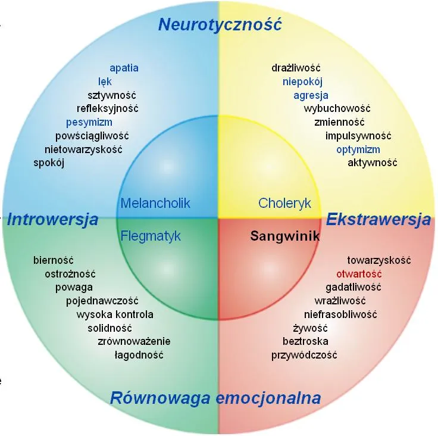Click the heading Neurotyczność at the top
click(220, 25)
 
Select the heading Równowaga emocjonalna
click(215, 398)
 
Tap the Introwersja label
click(53, 219)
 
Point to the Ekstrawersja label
click(378, 219)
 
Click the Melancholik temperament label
click(155, 203)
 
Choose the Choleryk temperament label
click(284, 203)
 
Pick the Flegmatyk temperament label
click(151, 236)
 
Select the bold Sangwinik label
click(285, 236)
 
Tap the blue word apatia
click(124, 68)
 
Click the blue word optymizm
click(358, 150)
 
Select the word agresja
click(311, 95)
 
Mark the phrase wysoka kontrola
click(115, 314)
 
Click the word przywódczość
click(304, 355)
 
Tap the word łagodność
click(139, 355)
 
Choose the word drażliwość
click(296, 68)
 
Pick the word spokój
click(49, 163)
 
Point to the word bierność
click(54, 260)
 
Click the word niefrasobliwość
click(340, 314)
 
